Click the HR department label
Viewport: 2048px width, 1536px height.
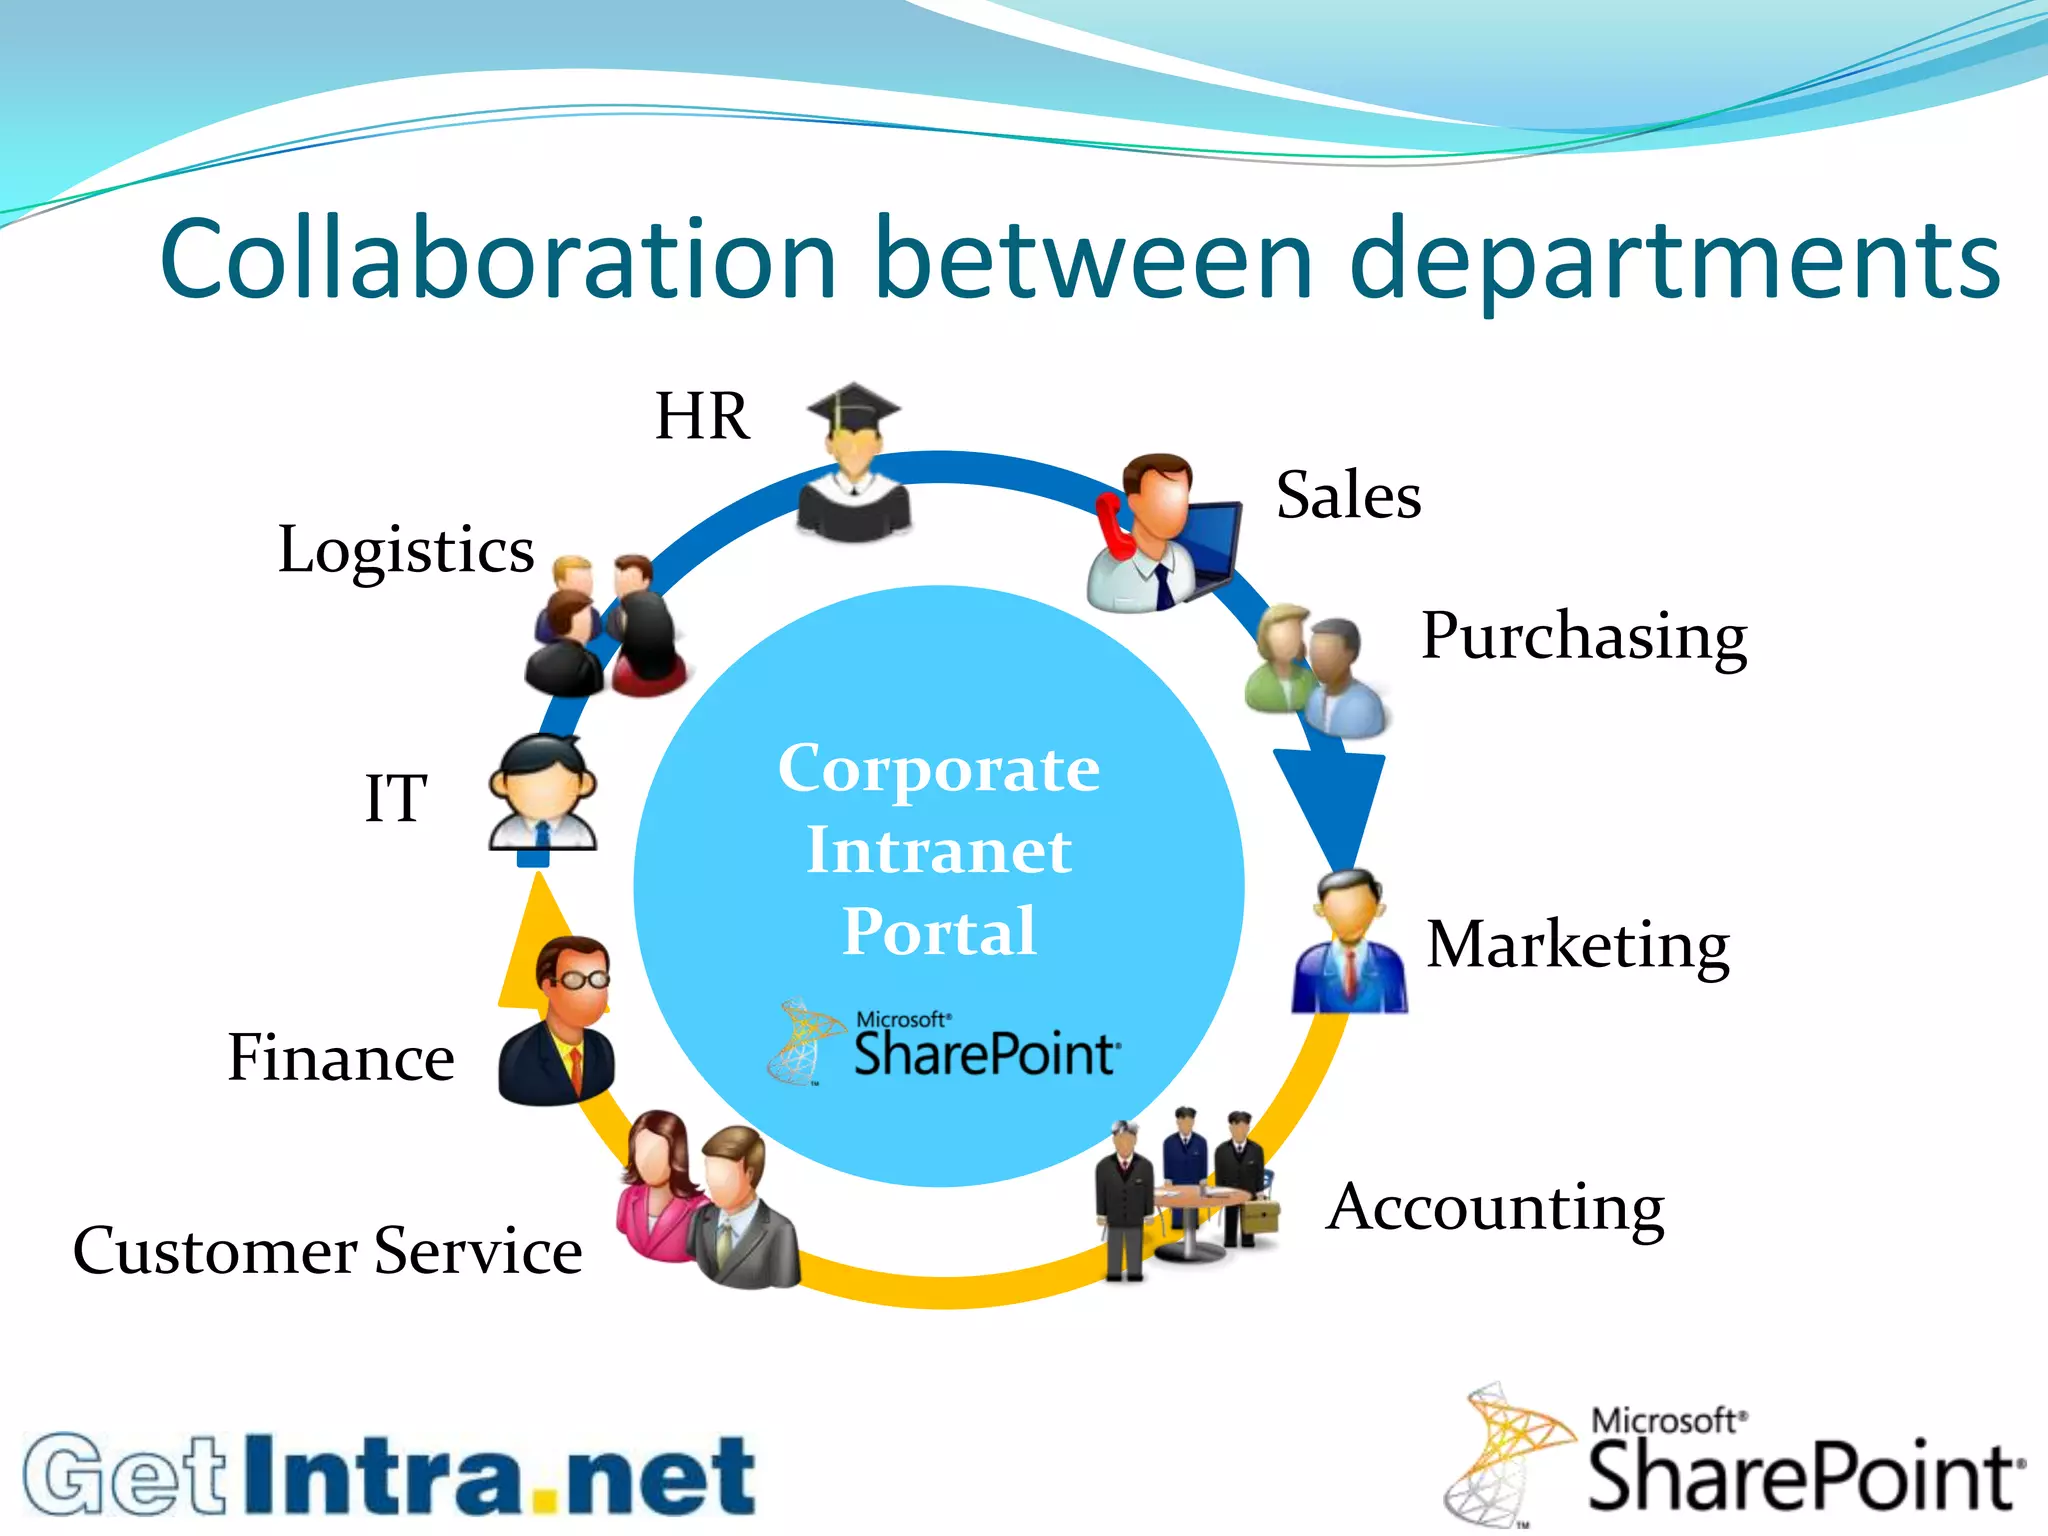[702, 416]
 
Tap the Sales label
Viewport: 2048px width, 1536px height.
[1348, 495]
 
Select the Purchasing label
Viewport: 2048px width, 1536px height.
[1584, 636]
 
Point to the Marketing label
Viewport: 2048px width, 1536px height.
[1577, 945]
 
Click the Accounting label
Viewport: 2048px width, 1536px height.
[1495, 1208]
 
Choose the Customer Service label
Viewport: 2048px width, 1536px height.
[328, 1251]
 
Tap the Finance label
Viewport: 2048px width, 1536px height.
[341, 1058]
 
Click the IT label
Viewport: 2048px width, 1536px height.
[396, 799]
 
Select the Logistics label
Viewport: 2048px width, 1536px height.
[406, 550]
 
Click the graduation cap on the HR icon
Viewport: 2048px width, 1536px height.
[853, 408]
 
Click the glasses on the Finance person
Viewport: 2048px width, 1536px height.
[583, 979]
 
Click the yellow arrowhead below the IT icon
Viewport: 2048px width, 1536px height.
[530, 940]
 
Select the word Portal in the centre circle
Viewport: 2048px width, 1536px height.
[939, 932]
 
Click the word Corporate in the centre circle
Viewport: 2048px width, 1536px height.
[939, 769]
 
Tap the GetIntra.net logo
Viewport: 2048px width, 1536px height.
[390, 1474]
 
